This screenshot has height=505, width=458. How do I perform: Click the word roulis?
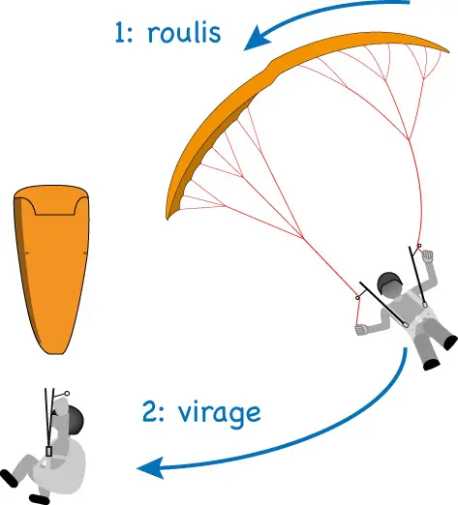click(x=184, y=32)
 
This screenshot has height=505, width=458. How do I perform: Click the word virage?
click(x=220, y=414)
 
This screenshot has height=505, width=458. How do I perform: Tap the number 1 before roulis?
click(x=120, y=33)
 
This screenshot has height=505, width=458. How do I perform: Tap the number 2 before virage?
click(x=150, y=412)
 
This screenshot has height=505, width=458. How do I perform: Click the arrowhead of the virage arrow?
click(x=152, y=467)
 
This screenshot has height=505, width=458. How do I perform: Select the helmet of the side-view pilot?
click(x=75, y=419)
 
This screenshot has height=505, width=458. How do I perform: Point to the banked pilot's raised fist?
click(x=427, y=256)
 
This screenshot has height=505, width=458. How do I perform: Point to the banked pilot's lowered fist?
click(x=362, y=330)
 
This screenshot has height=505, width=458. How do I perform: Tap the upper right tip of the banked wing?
click(x=448, y=51)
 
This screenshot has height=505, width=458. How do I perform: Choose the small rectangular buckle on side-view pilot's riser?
click(x=48, y=452)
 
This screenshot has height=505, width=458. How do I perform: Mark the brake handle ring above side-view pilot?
click(x=67, y=394)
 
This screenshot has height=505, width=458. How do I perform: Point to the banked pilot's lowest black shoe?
click(x=432, y=365)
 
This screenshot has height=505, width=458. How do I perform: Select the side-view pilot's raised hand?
click(x=60, y=404)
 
